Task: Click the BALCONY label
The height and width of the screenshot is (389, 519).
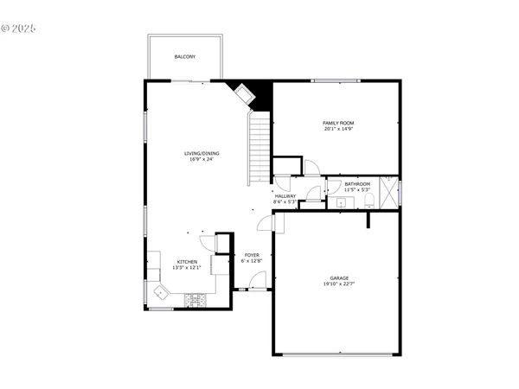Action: [185, 57]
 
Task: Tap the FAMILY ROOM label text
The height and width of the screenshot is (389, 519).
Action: [339, 123]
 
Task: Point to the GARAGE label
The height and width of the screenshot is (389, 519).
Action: [339, 278]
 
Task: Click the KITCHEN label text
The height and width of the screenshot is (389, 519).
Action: [188, 262]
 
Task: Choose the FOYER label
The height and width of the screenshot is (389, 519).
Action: [252, 255]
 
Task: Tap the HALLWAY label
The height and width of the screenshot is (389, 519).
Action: [285, 195]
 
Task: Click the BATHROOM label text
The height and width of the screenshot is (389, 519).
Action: [357, 184]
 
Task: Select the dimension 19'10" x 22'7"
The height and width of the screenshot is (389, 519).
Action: [339, 284]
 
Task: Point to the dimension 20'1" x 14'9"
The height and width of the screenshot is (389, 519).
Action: [339, 129]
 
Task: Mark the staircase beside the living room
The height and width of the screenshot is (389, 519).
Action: [260, 147]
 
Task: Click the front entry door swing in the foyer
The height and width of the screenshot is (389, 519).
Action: [257, 280]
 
